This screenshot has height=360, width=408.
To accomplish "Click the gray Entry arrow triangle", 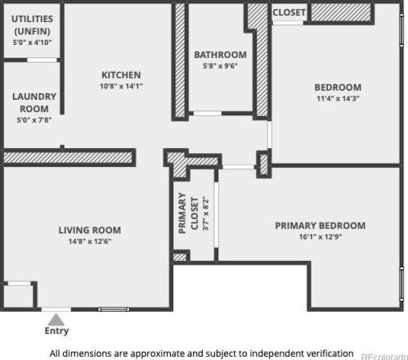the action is [56, 320].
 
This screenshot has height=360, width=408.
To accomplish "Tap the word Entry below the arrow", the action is [56, 331].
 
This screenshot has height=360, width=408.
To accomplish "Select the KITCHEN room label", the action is [121, 75].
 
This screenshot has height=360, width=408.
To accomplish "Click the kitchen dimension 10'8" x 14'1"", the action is [121, 86].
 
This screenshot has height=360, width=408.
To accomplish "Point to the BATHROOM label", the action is [220, 55].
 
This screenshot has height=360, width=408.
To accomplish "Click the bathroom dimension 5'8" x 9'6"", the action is [220, 66].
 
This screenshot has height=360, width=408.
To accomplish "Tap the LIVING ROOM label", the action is [90, 230].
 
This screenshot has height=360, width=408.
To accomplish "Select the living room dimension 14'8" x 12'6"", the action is [90, 241].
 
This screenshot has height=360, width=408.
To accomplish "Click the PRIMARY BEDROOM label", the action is [321, 226].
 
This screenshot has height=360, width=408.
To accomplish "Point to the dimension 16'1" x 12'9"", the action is [321, 236].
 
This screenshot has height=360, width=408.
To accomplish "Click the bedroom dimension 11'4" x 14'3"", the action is [338, 98].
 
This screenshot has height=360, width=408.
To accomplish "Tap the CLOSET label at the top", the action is [289, 12].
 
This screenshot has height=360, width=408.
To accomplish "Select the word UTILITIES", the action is [32, 19].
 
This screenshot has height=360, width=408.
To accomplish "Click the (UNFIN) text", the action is [32, 31].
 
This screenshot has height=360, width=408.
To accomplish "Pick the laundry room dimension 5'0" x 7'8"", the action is [34, 120].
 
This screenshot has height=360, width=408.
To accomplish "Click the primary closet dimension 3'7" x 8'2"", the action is [206, 214].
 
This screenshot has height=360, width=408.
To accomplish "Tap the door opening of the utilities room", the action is [42, 60].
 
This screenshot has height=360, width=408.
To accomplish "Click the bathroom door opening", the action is [208, 114].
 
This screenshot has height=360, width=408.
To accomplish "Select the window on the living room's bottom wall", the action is [114, 309].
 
